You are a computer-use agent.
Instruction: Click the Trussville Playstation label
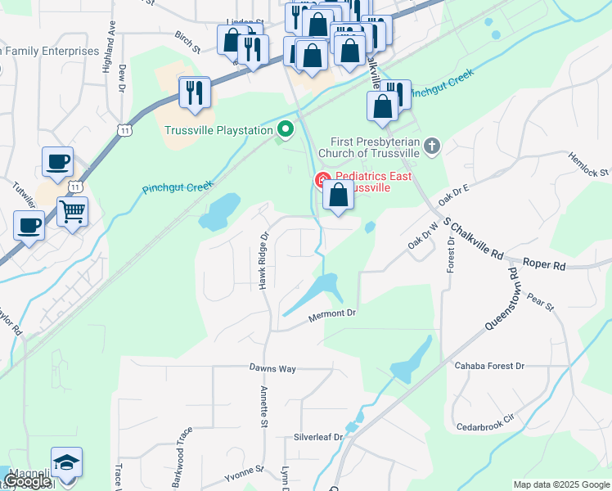coord(218,130)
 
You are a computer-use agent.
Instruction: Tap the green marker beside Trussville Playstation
coord(285,129)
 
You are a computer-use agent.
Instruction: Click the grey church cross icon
coord(433,146)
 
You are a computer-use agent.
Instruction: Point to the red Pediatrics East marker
coord(322,179)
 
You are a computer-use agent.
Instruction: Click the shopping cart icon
coord(72,212)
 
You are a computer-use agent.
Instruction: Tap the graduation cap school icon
coord(66,463)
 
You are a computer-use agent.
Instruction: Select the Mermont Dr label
coord(332,313)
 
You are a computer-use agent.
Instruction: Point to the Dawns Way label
coord(272,368)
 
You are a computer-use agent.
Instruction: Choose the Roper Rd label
coord(543,266)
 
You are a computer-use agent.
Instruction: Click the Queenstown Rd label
coord(501,299)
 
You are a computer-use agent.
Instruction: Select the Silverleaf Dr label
coord(318,437)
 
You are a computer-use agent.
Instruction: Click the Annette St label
coord(263,407)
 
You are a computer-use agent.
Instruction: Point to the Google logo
coord(27,482)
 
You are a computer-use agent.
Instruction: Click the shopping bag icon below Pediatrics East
coord(339,196)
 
